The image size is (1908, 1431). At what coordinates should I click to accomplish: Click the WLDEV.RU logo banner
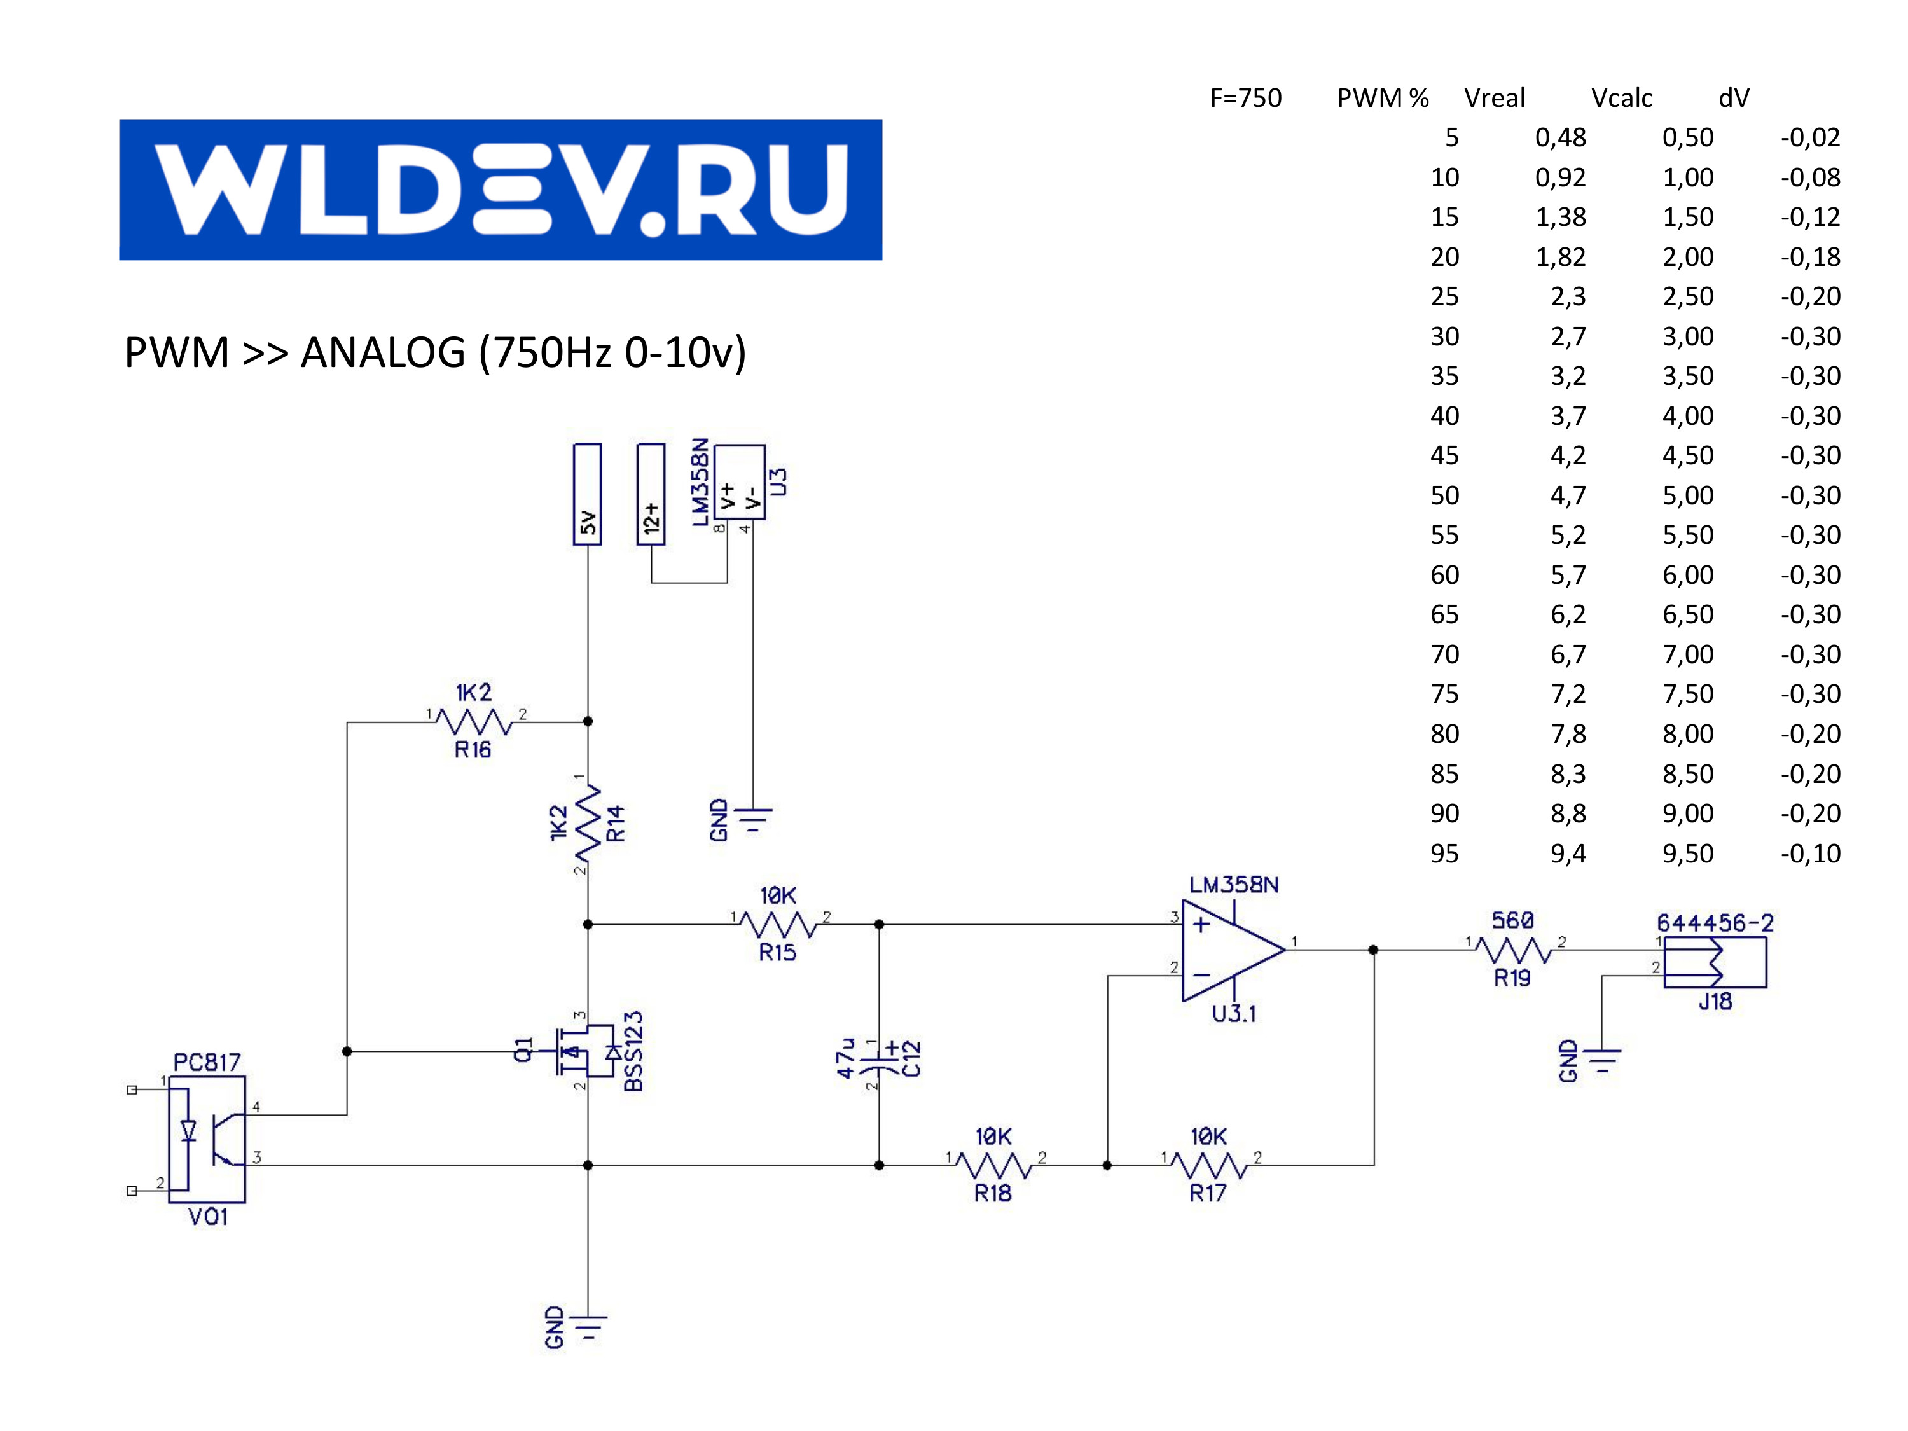(501, 190)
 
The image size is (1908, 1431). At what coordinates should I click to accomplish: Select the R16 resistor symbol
(474, 721)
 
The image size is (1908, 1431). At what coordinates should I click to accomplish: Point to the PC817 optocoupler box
(207, 1138)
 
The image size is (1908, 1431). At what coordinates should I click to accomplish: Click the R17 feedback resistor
(1209, 1166)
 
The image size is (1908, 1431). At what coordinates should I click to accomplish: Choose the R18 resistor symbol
(993, 1166)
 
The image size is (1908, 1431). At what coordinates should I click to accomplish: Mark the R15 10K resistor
(778, 925)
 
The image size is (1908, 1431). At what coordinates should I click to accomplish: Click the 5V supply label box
(588, 494)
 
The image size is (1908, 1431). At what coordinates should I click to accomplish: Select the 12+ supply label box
(651, 494)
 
